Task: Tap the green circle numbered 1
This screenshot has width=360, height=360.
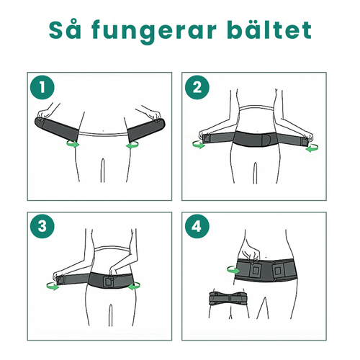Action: pyautogui.click(x=44, y=88)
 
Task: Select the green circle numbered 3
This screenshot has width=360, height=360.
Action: pyautogui.click(x=44, y=226)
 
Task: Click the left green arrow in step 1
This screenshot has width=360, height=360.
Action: pyautogui.click(x=72, y=145)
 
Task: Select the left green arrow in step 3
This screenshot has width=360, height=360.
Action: pyautogui.click(x=52, y=286)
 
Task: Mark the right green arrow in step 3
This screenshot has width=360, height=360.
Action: pyautogui.click(x=132, y=286)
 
